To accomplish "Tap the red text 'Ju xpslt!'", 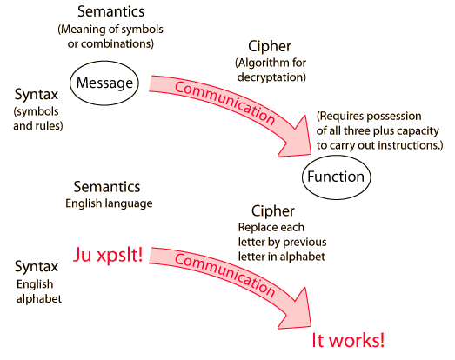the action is [108, 255].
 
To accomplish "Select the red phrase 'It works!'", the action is [348, 340].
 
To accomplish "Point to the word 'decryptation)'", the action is [271, 77].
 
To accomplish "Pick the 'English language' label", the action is [109, 203].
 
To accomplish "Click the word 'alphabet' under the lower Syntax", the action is [39, 299].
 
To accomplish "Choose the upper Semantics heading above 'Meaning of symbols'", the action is [110, 11].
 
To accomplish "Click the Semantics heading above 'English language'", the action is [107, 187].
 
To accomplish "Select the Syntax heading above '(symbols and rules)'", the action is [37, 95].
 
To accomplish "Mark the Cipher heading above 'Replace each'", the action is [273, 211].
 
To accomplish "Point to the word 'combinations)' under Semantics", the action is [110, 43].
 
